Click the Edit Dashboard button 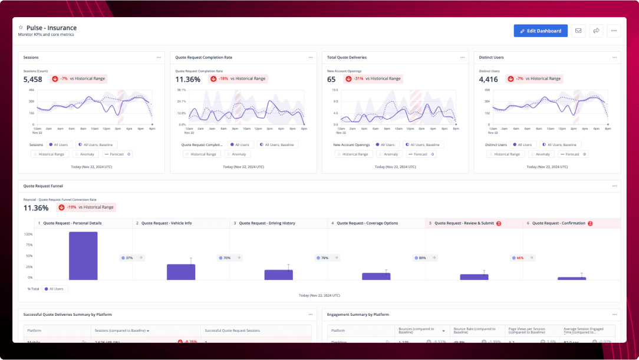[x=541, y=31]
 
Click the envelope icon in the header [x=578, y=31]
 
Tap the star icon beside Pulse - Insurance [x=21, y=28]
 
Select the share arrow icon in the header [x=596, y=31]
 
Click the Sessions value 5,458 [x=33, y=79]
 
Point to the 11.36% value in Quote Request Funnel [x=36, y=208]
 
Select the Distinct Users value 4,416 [x=489, y=79]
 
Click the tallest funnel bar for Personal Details [x=83, y=256]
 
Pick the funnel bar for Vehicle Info [x=181, y=272]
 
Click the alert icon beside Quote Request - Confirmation [x=590, y=223]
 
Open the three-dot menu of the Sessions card [x=159, y=58]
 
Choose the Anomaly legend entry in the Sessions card [x=86, y=154]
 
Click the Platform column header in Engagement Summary [x=338, y=331]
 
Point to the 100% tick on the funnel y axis [x=28, y=234]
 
